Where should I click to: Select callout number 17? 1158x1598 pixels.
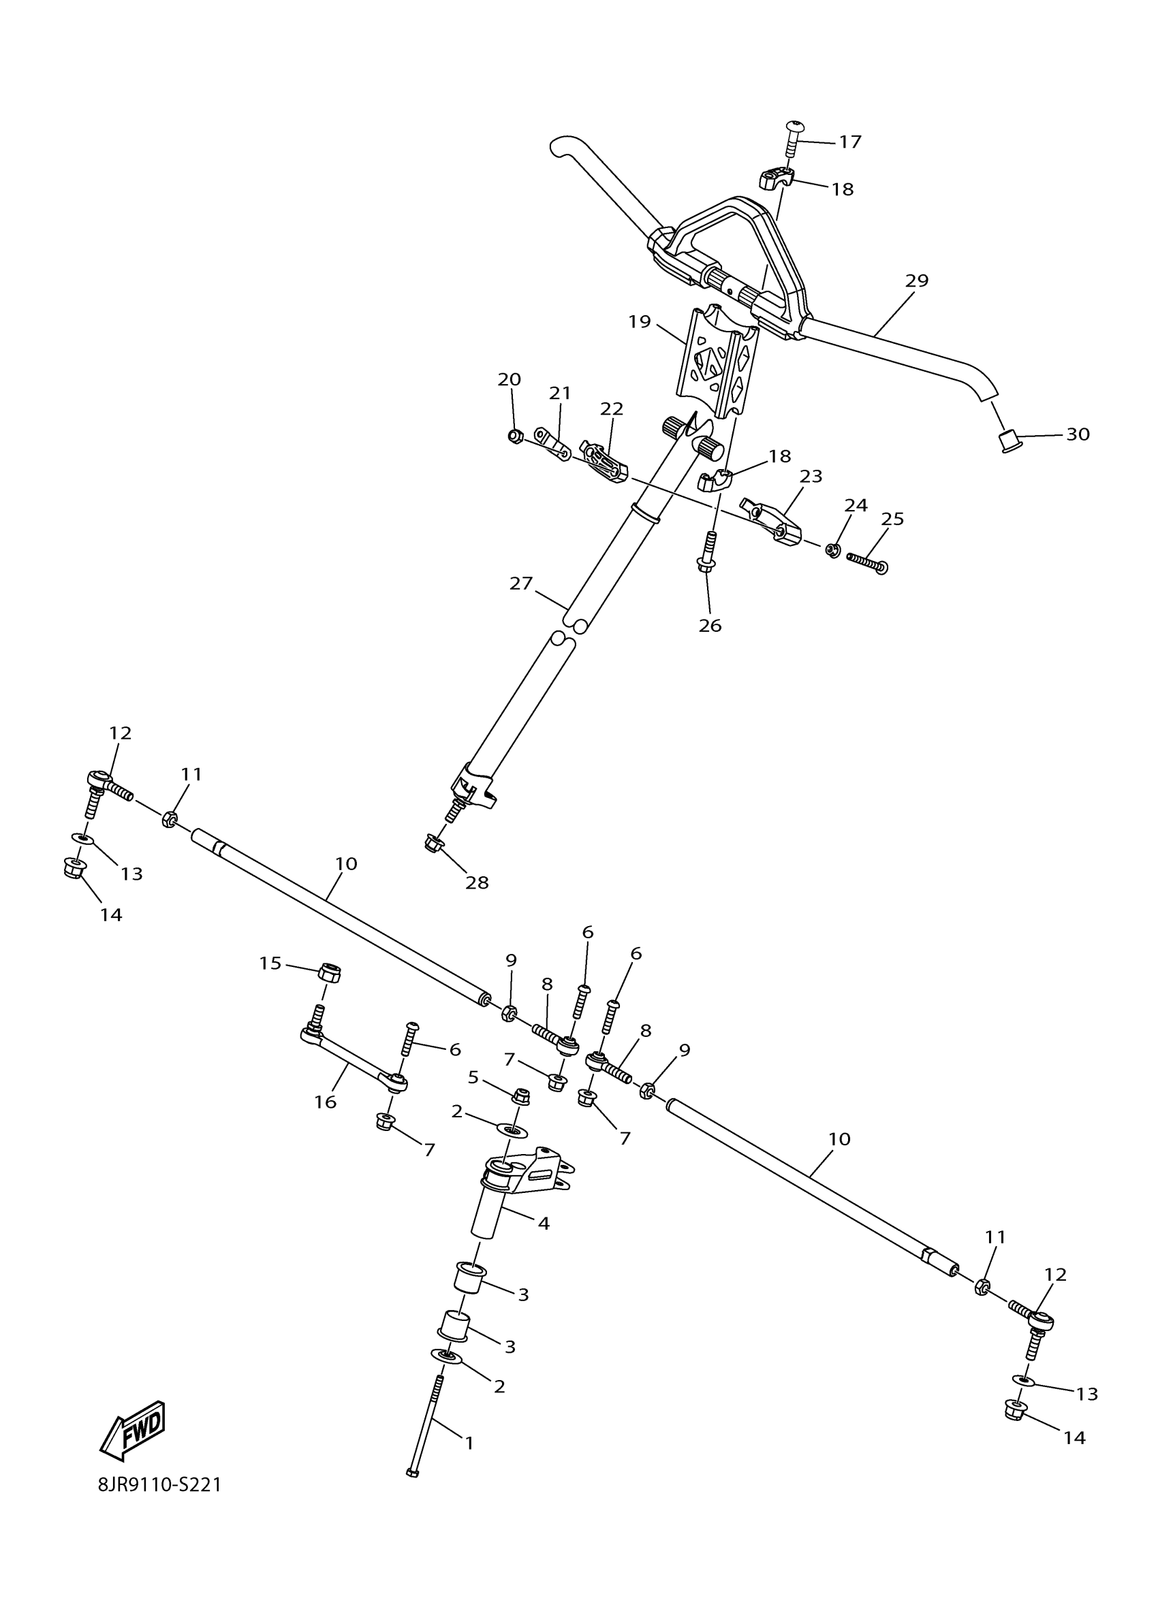850,142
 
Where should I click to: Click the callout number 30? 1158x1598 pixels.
1078,434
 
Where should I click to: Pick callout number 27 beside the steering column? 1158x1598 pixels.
521,584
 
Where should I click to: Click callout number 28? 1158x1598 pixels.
477,882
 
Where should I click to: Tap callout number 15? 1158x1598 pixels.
270,963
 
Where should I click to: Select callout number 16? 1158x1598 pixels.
325,1102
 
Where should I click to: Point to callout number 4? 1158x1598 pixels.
544,1223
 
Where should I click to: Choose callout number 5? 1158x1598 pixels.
473,1077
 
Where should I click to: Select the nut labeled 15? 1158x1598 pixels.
329,972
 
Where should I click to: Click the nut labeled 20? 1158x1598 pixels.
514,437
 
